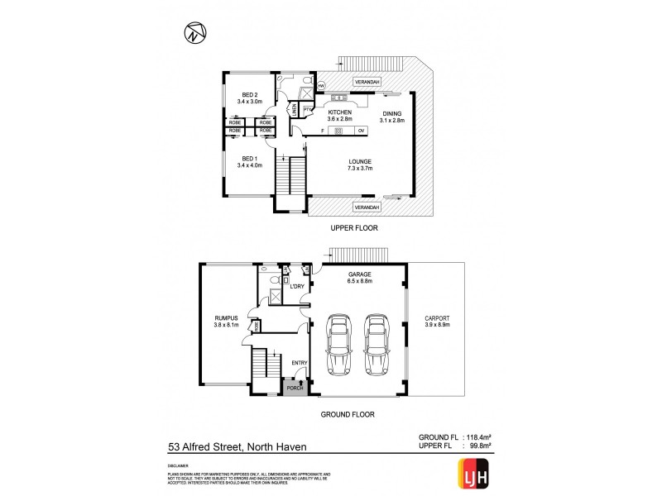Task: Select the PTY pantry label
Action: (306, 110)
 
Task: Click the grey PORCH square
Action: (293, 386)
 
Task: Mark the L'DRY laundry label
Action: (298, 288)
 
